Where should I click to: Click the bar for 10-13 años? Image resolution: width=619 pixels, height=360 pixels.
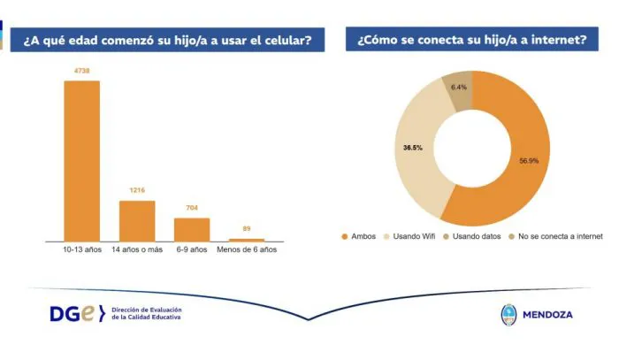click(81, 160)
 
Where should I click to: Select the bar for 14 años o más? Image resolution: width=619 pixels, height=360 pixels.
click(137, 220)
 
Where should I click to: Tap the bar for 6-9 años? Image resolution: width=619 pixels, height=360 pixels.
click(192, 229)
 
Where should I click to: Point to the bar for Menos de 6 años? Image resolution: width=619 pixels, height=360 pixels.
click(247, 240)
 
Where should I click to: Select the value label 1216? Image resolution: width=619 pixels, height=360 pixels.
click(137, 189)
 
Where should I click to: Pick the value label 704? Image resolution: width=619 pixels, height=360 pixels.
click(192, 207)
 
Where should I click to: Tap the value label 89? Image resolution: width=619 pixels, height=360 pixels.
click(247, 228)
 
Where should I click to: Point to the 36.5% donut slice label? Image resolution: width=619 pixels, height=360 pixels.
click(409, 148)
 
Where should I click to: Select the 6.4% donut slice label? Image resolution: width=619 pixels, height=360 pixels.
click(459, 87)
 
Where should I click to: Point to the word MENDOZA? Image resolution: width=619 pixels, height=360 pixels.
click(548, 315)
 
